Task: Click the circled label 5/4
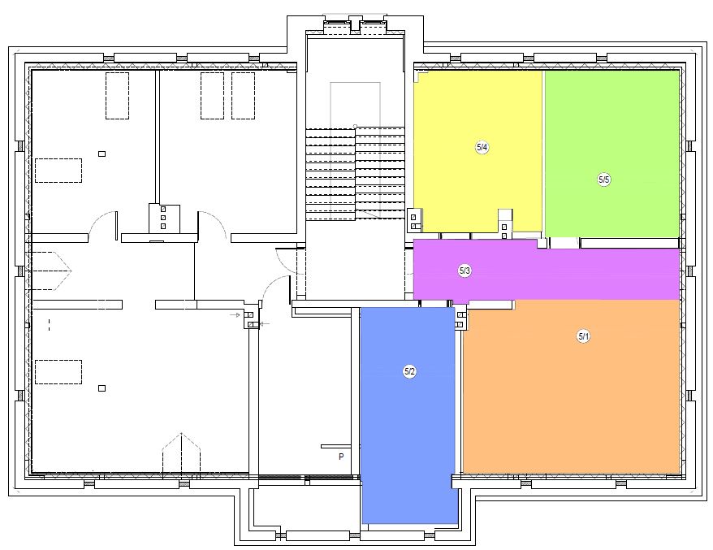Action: point(482,147)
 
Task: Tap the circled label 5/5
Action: point(604,180)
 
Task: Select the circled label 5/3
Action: point(465,271)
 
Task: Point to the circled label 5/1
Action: point(583,336)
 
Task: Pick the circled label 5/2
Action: point(410,371)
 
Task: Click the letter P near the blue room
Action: point(341,457)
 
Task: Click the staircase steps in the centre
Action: point(355,174)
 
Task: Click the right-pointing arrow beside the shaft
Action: point(235,314)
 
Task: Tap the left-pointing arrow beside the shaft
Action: point(265,324)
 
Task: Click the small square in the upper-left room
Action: point(102,154)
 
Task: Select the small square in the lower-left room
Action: point(102,388)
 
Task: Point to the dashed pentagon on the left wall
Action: point(51,271)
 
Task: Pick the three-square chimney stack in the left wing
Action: point(163,218)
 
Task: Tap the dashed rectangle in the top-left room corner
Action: point(117,96)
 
